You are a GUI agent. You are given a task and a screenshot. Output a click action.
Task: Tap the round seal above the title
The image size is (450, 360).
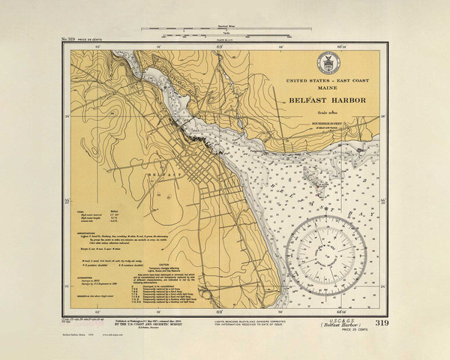[327, 61]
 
